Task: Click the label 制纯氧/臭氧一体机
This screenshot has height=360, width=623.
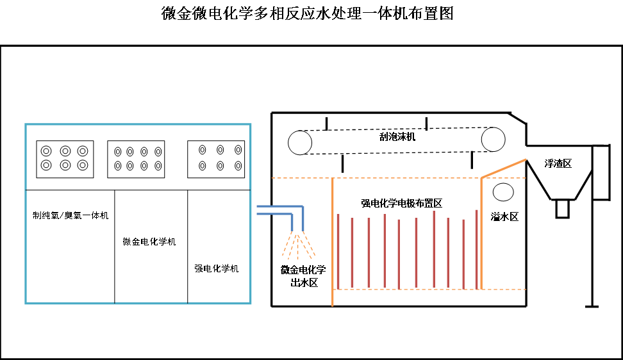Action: click(x=71, y=215)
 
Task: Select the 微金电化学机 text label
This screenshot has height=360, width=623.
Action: click(x=149, y=241)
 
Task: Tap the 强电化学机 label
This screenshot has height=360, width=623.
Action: click(x=217, y=268)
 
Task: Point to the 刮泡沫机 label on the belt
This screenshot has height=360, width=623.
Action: click(x=397, y=136)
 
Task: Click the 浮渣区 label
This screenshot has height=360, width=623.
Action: click(x=558, y=163)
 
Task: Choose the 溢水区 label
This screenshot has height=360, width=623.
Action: click(x=504, y=217)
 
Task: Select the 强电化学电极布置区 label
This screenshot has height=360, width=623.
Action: click(x=401, y=203)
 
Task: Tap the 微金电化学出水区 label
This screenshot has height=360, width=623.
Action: click(x=303, y=275)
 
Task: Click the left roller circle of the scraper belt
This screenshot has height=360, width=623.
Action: click(x=300, y=142)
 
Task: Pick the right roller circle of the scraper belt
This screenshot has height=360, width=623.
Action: click(x=494, y=139)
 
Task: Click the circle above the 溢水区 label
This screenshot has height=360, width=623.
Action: click(x=503, y=192)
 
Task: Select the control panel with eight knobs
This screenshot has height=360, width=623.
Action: click(x=136, y=159)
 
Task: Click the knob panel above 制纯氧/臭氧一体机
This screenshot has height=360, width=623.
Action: click(x=65, y=158)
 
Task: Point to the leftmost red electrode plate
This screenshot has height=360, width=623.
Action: click(x=338, y=250)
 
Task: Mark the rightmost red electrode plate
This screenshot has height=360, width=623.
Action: click(x=476, y=249)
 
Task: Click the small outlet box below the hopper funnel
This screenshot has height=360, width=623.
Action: click(x=562, y=209)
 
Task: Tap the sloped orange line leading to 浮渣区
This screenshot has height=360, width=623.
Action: click(x=503, y=168)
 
